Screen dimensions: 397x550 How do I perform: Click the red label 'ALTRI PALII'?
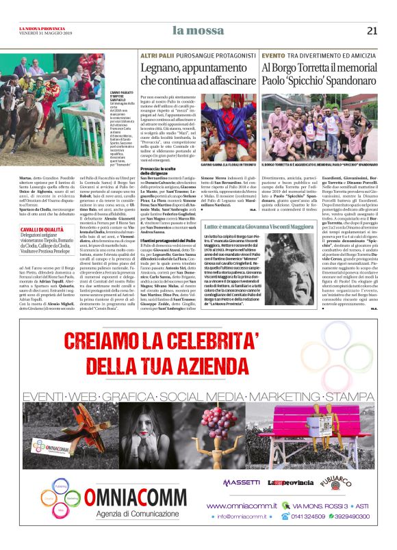tap(153, 54)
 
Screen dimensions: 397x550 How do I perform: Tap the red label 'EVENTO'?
tap(273, 54)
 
